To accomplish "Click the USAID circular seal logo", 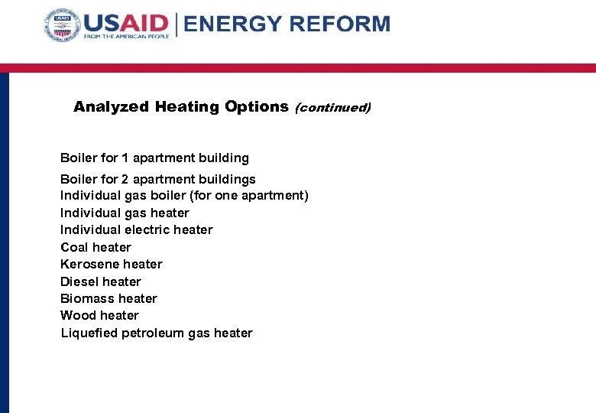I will (62, 26).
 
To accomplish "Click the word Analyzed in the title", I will (111, 107).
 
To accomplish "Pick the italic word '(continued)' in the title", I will (332, 108).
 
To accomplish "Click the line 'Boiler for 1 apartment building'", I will (154, 158).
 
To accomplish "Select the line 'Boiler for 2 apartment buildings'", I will (158, 179).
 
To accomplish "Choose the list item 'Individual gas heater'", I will (125, 213).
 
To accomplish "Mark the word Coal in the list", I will (74, 247).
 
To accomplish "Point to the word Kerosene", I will (90, 264).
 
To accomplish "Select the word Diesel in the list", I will (79, 281).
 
